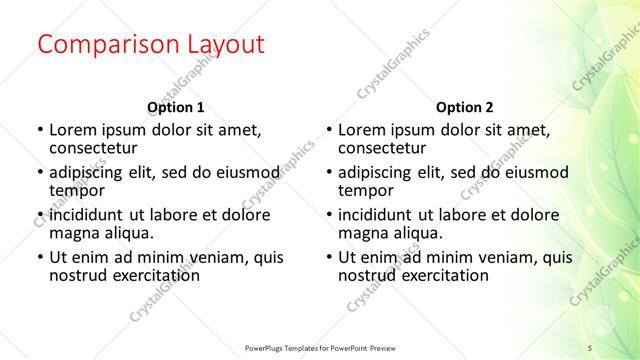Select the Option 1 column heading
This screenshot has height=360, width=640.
(176, 107)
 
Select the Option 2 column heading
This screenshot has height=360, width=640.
(465, 107)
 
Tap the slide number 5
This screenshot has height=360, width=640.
(590, 347)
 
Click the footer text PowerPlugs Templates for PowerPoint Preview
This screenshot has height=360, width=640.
(325, 347)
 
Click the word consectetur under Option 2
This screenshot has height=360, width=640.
(381, 148)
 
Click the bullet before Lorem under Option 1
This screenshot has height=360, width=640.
(39, 130)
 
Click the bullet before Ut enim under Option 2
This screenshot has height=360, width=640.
(328, 258)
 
